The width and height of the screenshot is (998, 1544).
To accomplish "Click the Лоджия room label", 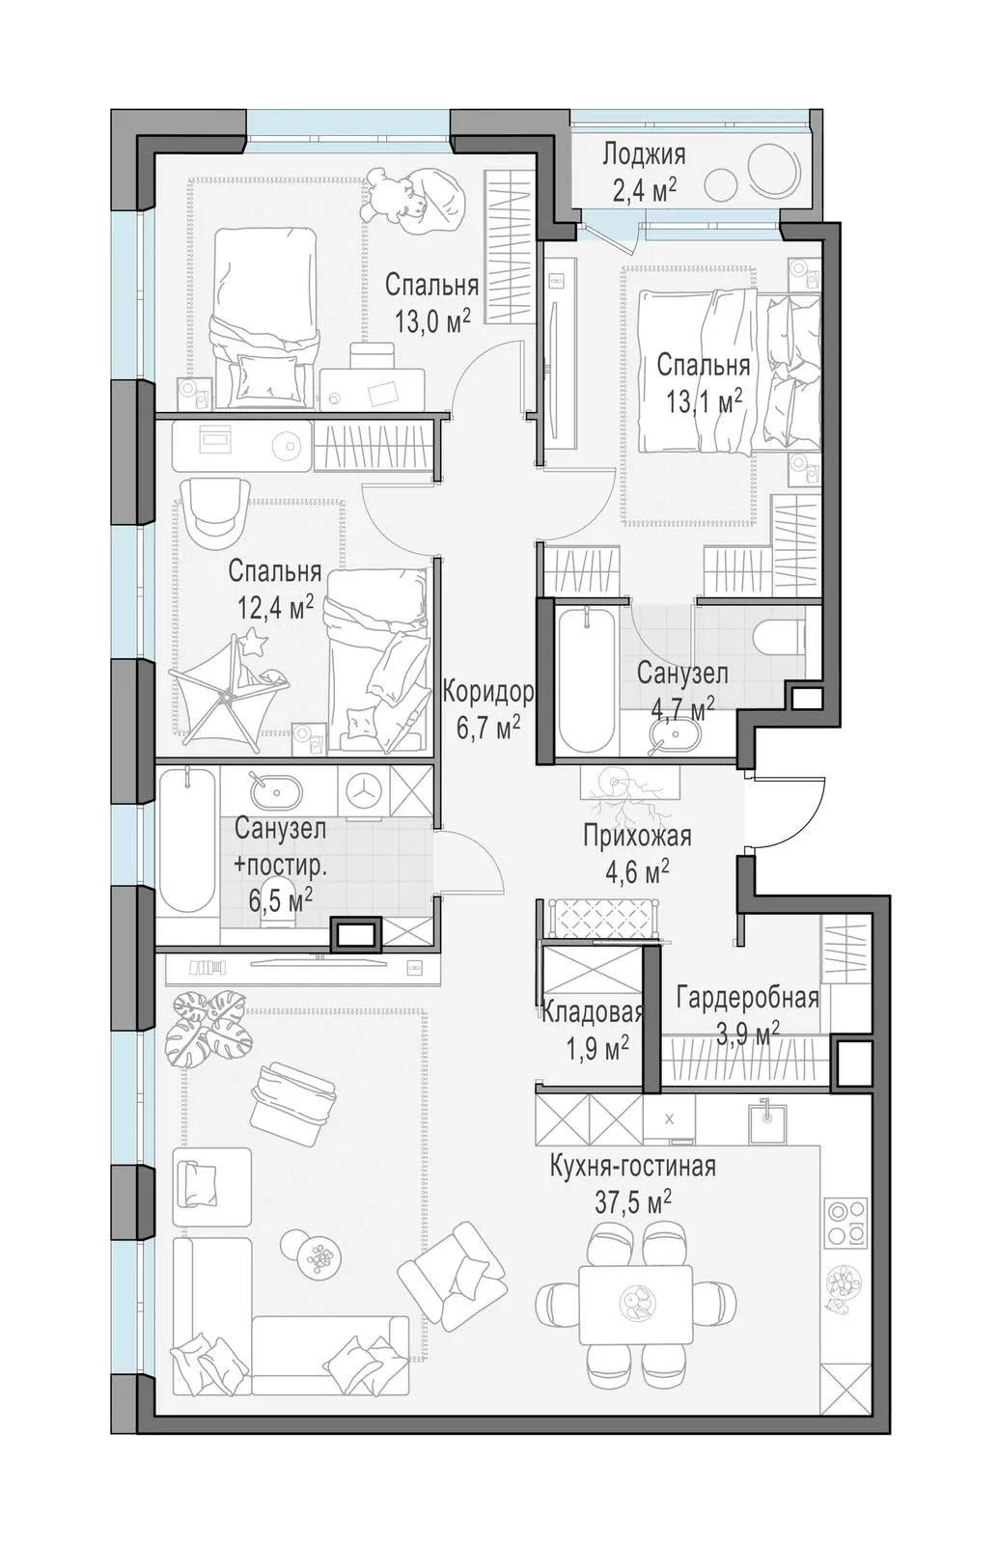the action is pyautogui.click(x=644, y=155).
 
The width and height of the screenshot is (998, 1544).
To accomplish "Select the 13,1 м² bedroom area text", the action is pyautogui.click(x=704, y=400).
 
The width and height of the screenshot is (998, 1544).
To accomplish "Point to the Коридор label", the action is pyautogui.click(x=488, y=691).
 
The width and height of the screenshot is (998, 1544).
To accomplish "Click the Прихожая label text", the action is pyautogui.click(x=637, y=836).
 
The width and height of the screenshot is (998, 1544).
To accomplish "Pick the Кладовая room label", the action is pyautogui.click(x=593, y=1012).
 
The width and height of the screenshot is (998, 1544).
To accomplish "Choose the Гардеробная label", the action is pyautogui.click(x=747, y=998).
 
